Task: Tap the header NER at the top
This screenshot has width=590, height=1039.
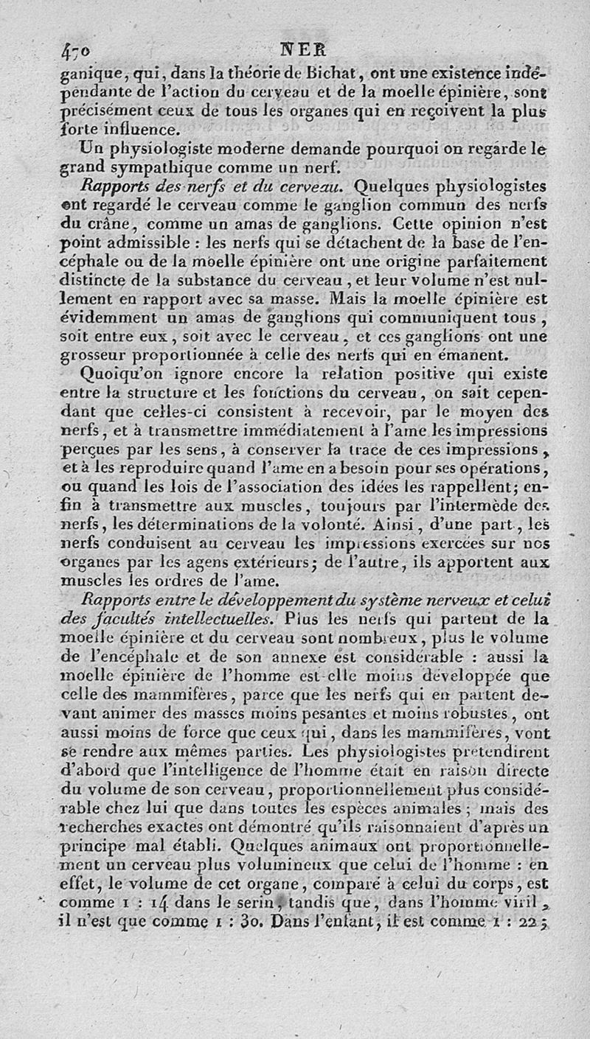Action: (x=299, y=52)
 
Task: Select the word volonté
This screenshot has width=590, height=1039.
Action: (x=327, y=525)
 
